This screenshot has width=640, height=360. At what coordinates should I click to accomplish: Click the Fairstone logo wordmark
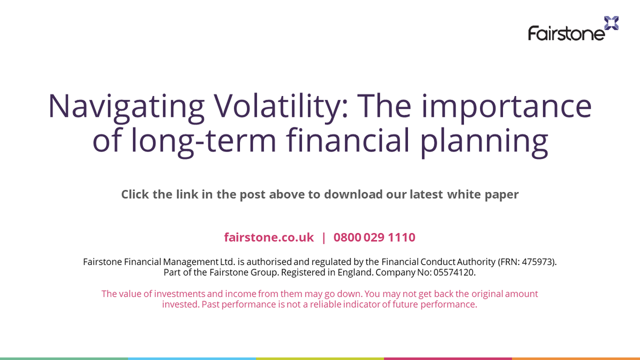click(566, 34)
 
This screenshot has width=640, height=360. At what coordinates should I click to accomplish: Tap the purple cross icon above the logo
click(611, 23)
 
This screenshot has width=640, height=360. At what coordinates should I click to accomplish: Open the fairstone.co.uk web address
click(269, 237)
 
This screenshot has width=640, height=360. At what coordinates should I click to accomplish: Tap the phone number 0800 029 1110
click(374, 237)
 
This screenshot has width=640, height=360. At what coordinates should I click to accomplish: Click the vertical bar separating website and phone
click(324, 237)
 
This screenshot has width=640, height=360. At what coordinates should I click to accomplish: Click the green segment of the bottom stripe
click(64, 358)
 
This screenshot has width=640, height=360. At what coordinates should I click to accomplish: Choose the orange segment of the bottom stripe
click(576, 358)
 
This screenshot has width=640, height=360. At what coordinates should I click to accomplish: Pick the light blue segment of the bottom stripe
click(192, 358)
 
